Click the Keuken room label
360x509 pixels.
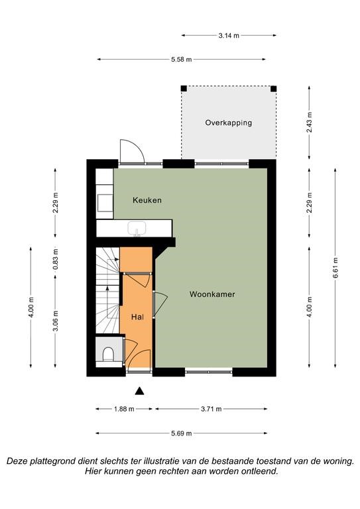tap(147, 200)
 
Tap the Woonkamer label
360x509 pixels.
tap(212, 294)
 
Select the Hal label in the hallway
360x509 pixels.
tap(138, 317)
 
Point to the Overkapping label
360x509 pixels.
tap(229, 123)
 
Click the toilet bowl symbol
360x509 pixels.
tap(108, 355)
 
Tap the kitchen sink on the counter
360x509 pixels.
tap(137, 229)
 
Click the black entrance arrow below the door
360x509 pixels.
tap(140, 391)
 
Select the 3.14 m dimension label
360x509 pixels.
tap(229, 36)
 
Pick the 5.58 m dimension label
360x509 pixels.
tap(182, 60)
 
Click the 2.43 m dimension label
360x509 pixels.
tap(310, 122)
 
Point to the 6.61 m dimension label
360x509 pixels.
tap(335, 268)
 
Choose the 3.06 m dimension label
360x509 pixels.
tap(56, 321)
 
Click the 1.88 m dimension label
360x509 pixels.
tap(124, 409)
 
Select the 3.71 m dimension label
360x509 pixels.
tap(211, 409)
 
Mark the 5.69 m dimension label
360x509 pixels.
tap(182, 433)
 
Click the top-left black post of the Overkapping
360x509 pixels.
tap(184, 89)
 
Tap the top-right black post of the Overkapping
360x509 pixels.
tap(274, 89)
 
